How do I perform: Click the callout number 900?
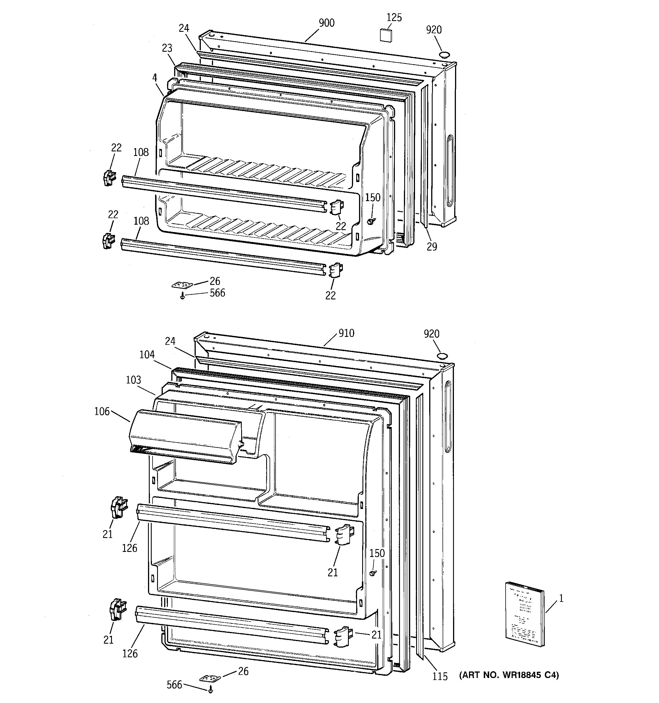point(326,23)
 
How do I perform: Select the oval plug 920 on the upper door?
point(444,55)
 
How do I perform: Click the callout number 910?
point(346,333)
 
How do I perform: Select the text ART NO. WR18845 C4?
point(509,675)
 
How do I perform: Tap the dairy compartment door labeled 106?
point(184,436)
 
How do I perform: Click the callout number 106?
point(102,411)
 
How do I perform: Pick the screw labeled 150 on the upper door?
point(370,221)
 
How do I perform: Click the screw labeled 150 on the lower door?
point(372,573)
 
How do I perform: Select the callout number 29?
point(431,247)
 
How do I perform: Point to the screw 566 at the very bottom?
point(211,689)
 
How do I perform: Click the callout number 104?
point(147,354)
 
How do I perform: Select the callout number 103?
point(133,380)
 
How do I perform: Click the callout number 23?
point(167,48)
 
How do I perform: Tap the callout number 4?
point(155,77)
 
